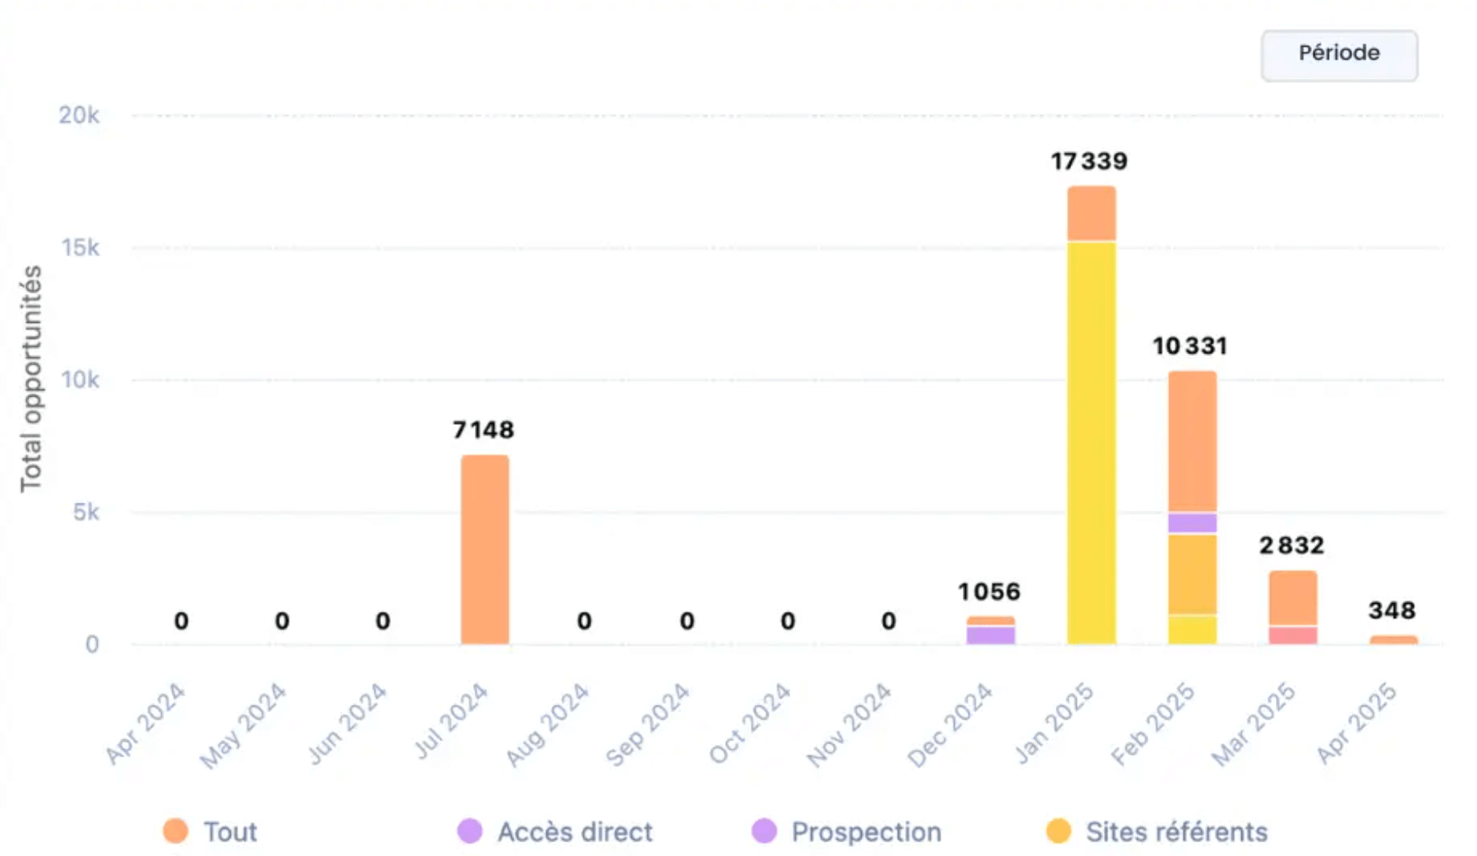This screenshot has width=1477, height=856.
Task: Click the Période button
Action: (x=1338, y=55)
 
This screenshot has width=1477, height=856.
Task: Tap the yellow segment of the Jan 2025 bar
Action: (x=1091, y=444)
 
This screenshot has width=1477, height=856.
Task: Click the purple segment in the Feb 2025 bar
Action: (x=1192, y=522)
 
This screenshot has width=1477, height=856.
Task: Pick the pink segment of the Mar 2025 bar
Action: (x=1292, y=635)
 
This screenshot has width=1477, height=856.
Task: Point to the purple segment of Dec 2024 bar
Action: (x=991, y=634)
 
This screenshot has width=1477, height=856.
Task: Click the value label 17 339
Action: (x=1089, y=161)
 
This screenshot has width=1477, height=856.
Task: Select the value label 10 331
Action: (x=1189, y=346)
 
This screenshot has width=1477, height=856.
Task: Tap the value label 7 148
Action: (x=483, y=430)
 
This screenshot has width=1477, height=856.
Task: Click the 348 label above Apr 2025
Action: (x=1392, y=610)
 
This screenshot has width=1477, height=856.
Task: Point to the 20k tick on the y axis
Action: (x=79, y=115)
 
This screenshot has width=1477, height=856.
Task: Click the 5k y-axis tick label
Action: (x=85, y=512)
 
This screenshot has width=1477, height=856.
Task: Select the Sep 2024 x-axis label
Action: (x=648, y=725)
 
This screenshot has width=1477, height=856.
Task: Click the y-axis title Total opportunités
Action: (x=31, y=379)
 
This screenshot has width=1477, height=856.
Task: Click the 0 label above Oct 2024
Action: (x=788, y=621)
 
